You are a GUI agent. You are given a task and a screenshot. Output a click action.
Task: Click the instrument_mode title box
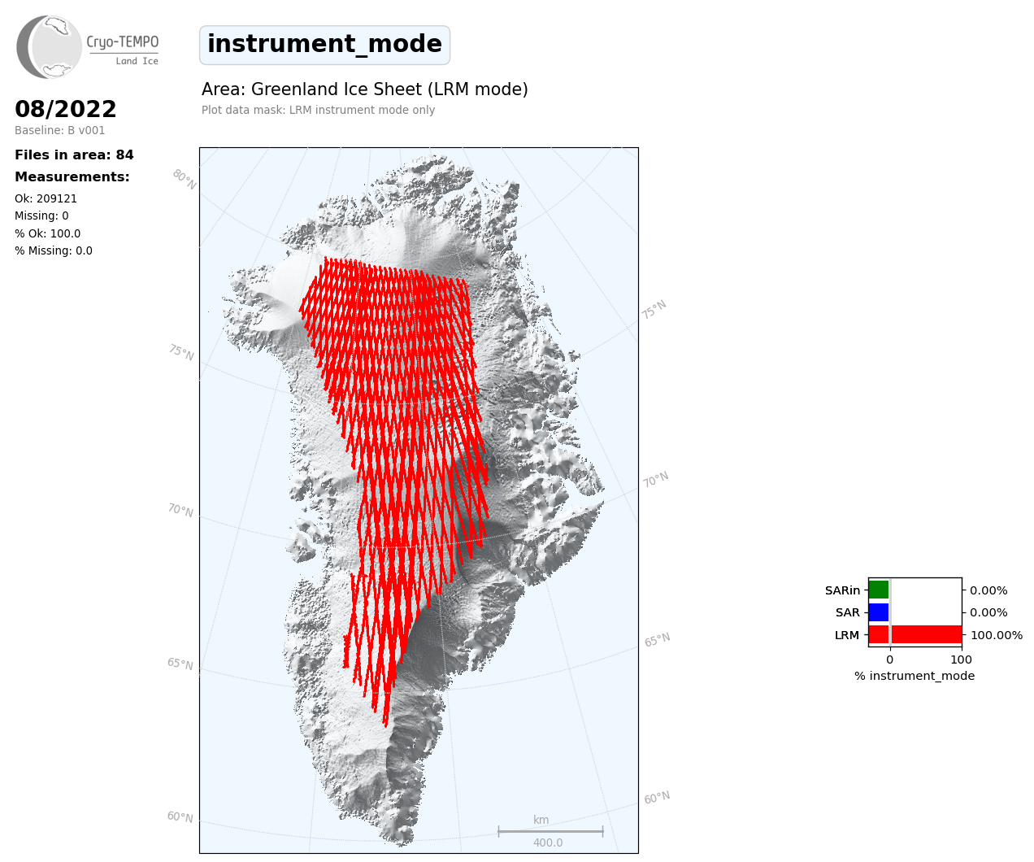pyautogui.click(x=324, y=45)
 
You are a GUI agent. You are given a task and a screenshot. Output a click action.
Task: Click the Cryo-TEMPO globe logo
pyautogui.click(x=49, y=46)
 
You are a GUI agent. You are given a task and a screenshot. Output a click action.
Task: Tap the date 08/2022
pyautogui.click(x=65, y=109)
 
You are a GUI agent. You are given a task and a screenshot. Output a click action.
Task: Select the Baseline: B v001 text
pyautogui.click(x=60, y=130)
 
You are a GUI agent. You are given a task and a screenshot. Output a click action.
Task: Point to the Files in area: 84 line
pyautogui.click(x=74, y=155)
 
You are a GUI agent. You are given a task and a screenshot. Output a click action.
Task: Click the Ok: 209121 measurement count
pyautogui.click(x=46, y=198)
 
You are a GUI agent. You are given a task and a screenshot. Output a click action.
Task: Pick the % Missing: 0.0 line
pyautogui.click(x=54, y=250)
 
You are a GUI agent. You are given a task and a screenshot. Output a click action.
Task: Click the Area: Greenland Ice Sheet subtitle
pyautogui.click(x=364, y=89)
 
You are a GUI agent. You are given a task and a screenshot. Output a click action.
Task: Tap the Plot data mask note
pyautogui.click(x=318, y=110)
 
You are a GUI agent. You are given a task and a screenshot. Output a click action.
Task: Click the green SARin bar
pyautogui.click(x=879, y=590)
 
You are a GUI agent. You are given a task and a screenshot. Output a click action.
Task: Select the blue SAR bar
pyautogui.click(x=879, y=612)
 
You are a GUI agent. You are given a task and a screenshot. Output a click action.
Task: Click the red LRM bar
pyautogui.click(x=915, y=634)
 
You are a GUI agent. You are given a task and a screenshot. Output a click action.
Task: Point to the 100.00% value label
pyautogui.click(x=997, y=635)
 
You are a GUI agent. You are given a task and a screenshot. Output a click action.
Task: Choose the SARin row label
pyautogui.click(x=842, y=590)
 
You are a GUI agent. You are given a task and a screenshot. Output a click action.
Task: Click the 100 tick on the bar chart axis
pyautogui.click(x=961, y=660)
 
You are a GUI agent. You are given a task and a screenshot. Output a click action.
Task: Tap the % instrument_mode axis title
pyautogui.click(x=915, y=676)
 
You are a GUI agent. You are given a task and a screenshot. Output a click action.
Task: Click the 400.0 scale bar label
pyautogui.click(x=548, y=842)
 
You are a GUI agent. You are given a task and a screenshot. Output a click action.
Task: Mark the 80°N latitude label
pyautogui.click(x=185, y=180)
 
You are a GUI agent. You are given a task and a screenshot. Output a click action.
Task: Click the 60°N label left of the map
pyautogui.click(x=180, y=816)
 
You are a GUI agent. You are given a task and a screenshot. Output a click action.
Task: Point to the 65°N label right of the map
pyautogui.click(x=657, y=640)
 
